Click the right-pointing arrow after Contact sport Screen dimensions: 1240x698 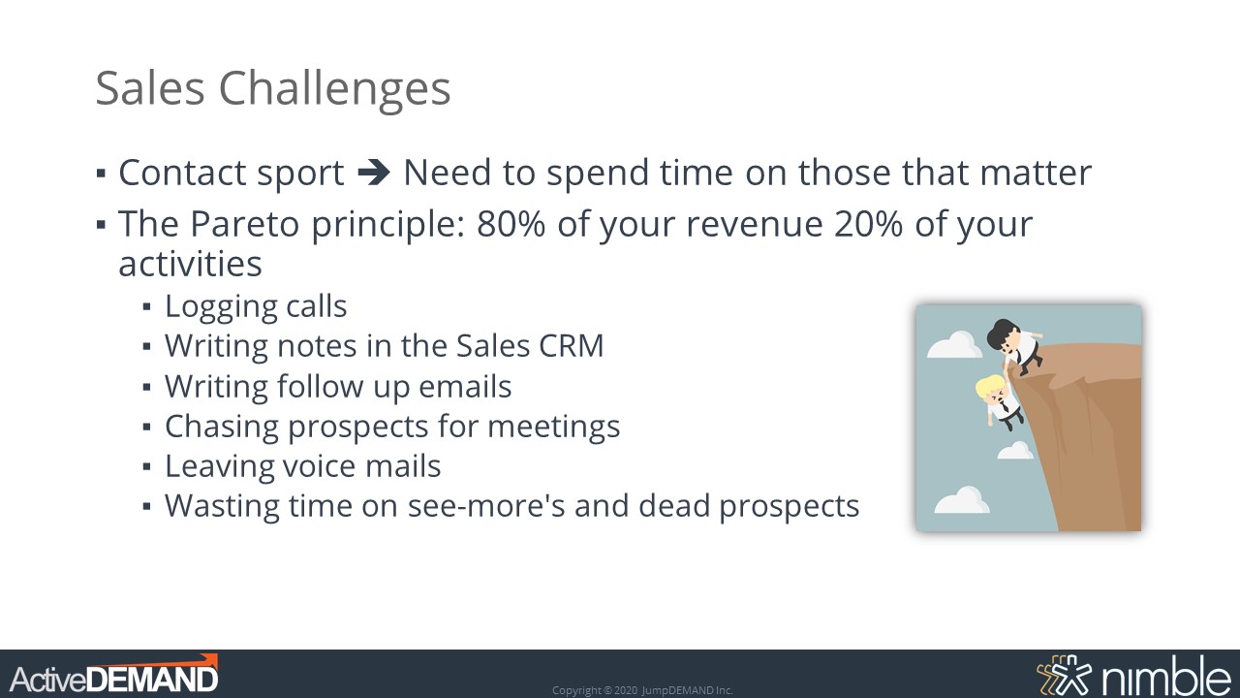(374, 173)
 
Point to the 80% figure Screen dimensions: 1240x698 (511, 224)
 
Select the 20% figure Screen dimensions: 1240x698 (868, 224)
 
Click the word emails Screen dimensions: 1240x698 (464, 386)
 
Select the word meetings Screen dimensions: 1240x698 (553, 428)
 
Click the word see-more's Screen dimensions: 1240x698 (486, 506)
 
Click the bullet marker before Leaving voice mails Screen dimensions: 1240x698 (146, 467)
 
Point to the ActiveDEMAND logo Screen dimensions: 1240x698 (114, 674)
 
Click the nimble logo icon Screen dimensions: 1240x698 (1064, 675)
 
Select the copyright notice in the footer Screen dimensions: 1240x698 (642, 690)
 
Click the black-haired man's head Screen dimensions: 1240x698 (1003, 334)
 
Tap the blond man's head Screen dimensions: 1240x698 (991, 392)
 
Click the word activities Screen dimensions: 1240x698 (190, 264)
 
